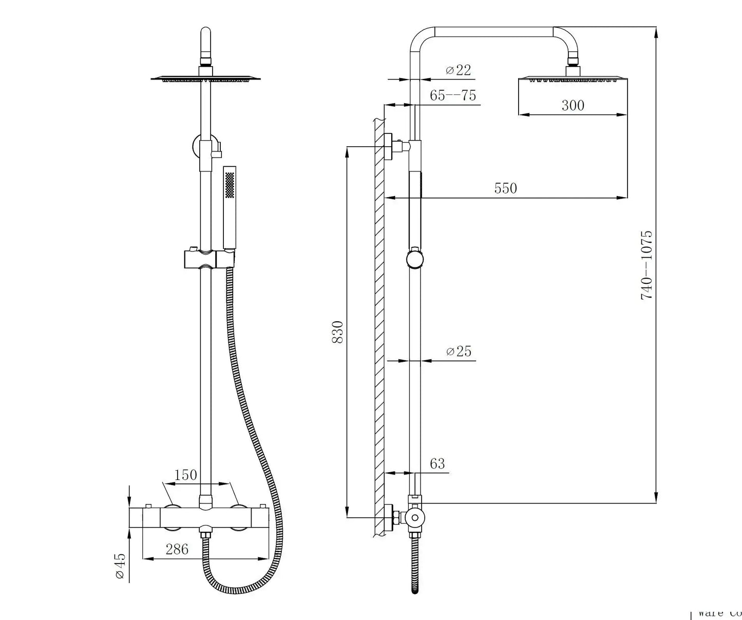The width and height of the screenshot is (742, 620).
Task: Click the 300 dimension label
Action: (573, 105)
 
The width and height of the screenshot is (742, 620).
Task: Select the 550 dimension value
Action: (505, 188)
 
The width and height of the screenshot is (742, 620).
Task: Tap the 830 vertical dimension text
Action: (337, 332)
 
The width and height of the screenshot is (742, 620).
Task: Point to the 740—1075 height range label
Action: (646, 265)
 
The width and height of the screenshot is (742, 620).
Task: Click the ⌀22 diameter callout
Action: (458, 70)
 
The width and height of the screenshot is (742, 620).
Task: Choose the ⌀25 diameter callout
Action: (459, 351)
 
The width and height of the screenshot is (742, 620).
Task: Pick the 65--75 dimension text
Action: (453, 95)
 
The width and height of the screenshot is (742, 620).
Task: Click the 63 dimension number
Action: (437, 464)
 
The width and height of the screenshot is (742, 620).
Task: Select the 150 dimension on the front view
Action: (185, 475)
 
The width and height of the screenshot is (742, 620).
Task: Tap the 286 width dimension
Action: (177, 549)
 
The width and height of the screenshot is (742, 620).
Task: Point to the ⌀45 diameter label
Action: (120, 566)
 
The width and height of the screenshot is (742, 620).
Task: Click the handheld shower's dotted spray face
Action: (230, 185)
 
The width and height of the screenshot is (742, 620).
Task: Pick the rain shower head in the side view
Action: (573, 79)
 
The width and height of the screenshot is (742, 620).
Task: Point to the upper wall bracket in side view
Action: (398, 146)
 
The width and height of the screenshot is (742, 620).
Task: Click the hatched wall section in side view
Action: (380, 328)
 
